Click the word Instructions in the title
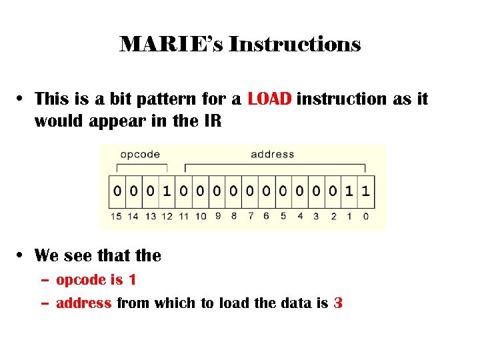click(294, 45)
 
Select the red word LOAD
click(269, 99)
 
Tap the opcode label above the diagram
click(140, 154)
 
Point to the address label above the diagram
click(272, 154)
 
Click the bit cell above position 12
click(167, 191)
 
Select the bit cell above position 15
click(117, 191)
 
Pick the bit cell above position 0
click(365, 191)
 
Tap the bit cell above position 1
click(349, 191)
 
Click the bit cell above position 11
click(183, 191)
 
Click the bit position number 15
click(117, 216)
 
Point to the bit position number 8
click(233, 216)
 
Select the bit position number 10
click(201, 216)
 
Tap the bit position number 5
click(283, 216)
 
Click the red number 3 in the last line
click(338, 303)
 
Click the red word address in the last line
click(83, 303)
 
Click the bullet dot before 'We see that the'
click(22, 255)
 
